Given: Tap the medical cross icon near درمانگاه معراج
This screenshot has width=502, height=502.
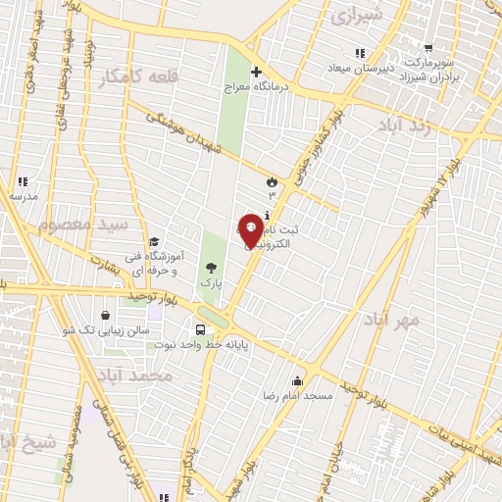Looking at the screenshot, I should pos(256,72).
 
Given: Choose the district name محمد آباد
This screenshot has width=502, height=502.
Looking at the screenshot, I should pos(135,376).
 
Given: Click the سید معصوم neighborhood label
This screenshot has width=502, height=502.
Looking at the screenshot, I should pos(84,225).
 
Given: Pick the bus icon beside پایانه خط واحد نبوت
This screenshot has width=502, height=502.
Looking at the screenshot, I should pos(201,330).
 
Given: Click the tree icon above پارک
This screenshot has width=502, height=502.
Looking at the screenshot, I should pos(211,268).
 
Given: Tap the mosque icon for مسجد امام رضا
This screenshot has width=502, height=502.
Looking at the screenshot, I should pos(297,381).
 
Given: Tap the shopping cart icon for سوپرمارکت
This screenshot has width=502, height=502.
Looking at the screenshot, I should pos(427,47).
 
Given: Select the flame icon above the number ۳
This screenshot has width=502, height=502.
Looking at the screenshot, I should pos(272,181).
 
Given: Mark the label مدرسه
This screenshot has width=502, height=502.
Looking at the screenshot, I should pos(23,196).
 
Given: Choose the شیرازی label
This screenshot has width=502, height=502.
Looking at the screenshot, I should pos(354,15).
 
